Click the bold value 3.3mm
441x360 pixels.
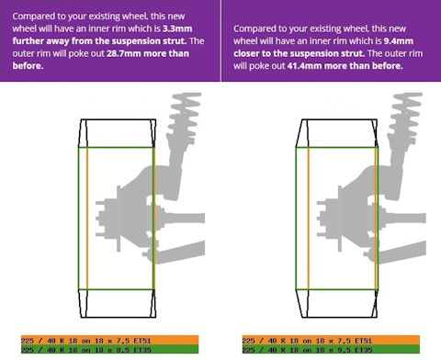coord(177,28)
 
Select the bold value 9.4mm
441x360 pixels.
coord(399,41)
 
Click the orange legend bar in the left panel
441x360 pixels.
coord(109,340)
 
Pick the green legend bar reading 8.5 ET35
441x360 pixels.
coord(109,349)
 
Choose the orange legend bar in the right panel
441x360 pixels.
coord(331,340)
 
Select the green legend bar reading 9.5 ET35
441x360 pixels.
coord(331,349)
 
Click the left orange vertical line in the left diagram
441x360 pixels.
coord(87,219)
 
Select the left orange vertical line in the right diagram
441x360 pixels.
coord(309,219)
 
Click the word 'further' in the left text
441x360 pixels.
coord(28,41)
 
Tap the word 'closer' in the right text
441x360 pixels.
coord(248,53)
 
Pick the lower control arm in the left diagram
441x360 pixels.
coord(177,252)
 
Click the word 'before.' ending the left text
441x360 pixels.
coord(28,66)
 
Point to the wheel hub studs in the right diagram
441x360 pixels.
coord(321,219)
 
